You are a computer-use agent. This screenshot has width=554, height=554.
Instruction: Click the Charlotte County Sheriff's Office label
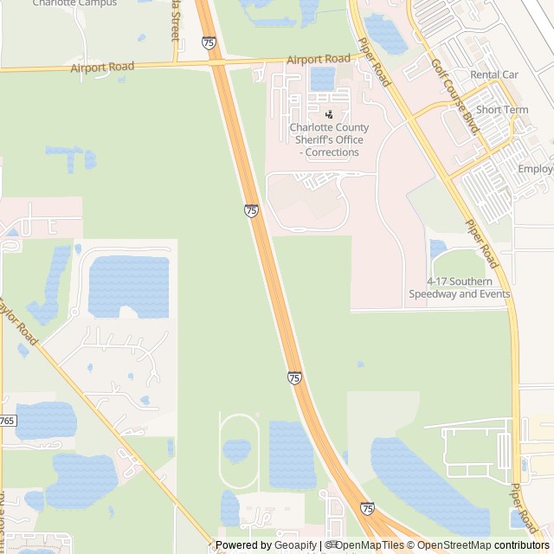click(329, 139)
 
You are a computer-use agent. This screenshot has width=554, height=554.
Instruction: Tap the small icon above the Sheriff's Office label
click(329, 114)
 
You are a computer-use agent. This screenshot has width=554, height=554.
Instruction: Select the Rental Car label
click(493, 74)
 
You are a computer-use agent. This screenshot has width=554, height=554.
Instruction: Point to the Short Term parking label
click(502, 110)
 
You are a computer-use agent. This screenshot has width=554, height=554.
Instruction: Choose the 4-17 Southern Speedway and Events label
click(460, 287)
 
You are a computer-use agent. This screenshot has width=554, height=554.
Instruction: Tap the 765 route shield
click(7, 420)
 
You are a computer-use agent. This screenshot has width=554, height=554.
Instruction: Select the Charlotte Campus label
click(74, 3)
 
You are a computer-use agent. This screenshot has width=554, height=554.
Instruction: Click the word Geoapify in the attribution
click(295, 545)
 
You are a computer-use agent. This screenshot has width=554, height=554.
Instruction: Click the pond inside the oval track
click(236, 450)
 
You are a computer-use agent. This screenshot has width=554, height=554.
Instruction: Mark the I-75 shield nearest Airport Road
click(209, 42)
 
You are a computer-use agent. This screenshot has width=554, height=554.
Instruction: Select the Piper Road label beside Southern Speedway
click(481, 243)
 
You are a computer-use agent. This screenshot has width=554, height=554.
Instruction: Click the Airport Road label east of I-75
click(318, 59)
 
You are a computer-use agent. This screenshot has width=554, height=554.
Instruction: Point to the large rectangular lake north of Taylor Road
click(128, 286)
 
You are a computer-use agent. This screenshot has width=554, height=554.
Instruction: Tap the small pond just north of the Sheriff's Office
click(322, 79)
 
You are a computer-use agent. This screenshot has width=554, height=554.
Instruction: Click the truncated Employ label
click(536, 169)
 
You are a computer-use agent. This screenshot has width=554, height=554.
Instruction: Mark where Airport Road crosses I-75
click(215, 62)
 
